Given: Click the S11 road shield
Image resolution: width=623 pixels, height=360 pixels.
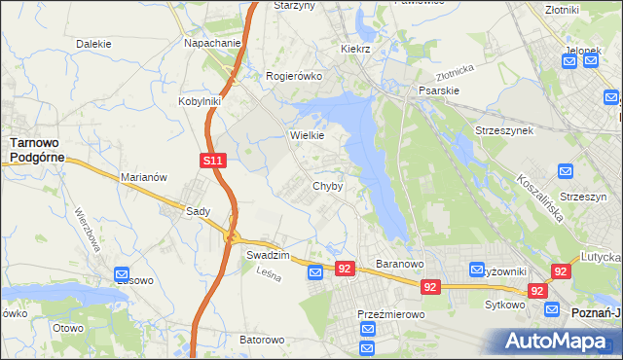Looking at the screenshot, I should [215, 161].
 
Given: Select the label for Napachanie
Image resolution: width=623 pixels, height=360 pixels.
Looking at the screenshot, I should [212, 44].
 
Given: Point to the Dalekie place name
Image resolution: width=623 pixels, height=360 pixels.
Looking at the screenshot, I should [93, 44].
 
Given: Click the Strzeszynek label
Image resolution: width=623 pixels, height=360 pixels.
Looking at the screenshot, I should [503, 129].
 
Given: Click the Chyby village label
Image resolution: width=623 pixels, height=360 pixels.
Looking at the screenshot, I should [327, 186].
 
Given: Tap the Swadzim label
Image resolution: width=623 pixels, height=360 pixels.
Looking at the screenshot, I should [268, 253].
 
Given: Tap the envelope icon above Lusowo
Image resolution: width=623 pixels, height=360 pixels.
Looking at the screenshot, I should [121, 275].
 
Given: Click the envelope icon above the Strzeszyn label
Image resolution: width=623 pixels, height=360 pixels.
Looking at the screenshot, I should [567, 171].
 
